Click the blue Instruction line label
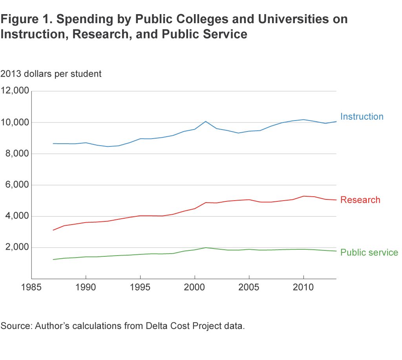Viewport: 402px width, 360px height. point(362,117)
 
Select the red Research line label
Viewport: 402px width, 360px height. point(360,200)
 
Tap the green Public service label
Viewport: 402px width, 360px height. point(369,252)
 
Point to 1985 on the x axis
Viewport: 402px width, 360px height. point(31,287)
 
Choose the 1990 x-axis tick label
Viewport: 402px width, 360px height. point(86,287)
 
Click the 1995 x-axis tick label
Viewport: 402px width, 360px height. point(140,287)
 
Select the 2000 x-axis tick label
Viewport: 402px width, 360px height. point(195,287)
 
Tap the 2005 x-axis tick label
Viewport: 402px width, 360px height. point(249,287)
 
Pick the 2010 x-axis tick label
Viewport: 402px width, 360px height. point(303,287)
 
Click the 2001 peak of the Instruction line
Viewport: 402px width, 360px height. point(206,121)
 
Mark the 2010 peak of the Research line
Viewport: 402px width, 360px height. point(303,196)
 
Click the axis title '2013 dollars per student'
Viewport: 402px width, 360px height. point(51,73)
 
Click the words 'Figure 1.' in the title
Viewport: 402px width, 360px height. point(25,19)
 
